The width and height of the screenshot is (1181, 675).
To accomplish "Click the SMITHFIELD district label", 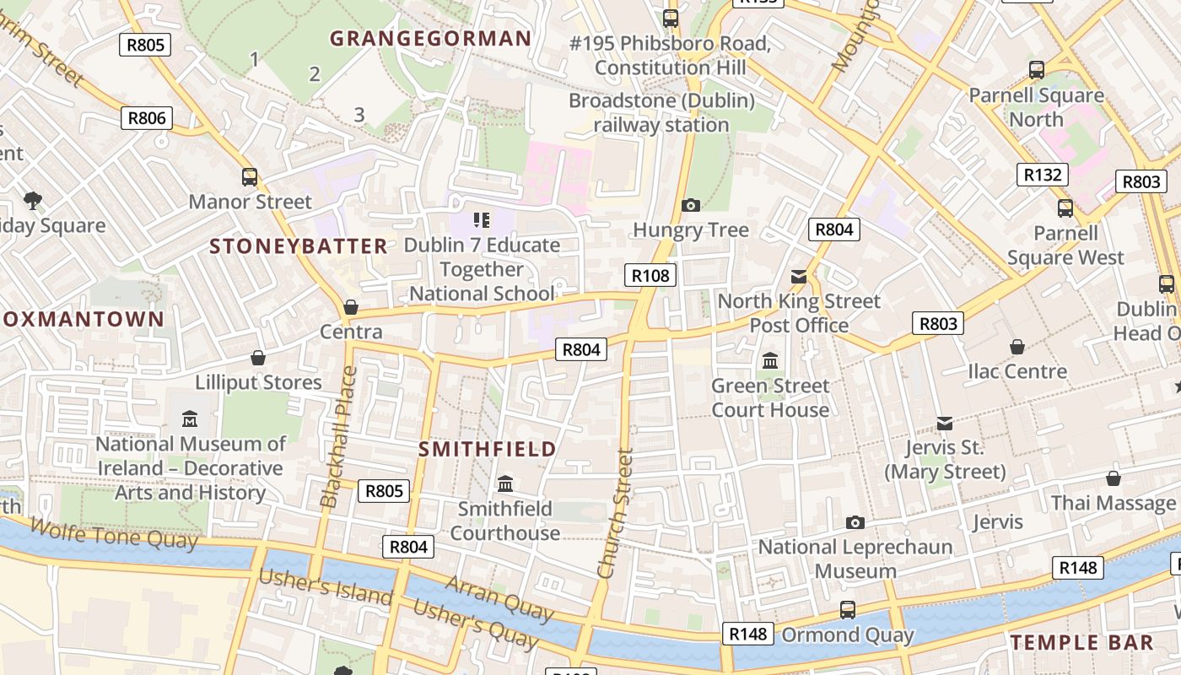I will pos(488,449).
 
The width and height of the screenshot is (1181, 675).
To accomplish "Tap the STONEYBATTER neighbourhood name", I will pos(299,246).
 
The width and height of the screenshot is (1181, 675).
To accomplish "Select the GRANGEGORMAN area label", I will pos(430,39).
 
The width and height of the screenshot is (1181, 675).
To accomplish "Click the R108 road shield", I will pos(650,275).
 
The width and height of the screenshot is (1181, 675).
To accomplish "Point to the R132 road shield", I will pos(1042,175).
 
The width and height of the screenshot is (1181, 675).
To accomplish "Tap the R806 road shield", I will pos(146,118).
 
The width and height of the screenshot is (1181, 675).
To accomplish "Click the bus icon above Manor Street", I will pos(250,177).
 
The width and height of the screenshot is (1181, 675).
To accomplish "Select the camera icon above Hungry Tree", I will pos(691,205).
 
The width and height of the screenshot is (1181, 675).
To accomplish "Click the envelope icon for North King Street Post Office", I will pos(799,277).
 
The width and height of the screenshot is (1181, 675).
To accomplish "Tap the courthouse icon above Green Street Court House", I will pos(770,361).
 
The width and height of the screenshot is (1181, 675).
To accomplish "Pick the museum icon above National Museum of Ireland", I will pos(190,418).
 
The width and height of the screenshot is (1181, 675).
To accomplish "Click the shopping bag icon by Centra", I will pos(351,307).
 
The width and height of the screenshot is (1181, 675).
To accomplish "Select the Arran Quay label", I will pos(499,597).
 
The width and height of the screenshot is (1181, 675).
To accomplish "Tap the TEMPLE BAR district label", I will pos(1081,642).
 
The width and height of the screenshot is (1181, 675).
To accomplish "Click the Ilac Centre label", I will pos(1017,371).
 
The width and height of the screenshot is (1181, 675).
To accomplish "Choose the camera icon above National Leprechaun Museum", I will pos(855,523).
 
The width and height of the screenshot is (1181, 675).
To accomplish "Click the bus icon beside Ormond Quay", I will pos(848,609).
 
